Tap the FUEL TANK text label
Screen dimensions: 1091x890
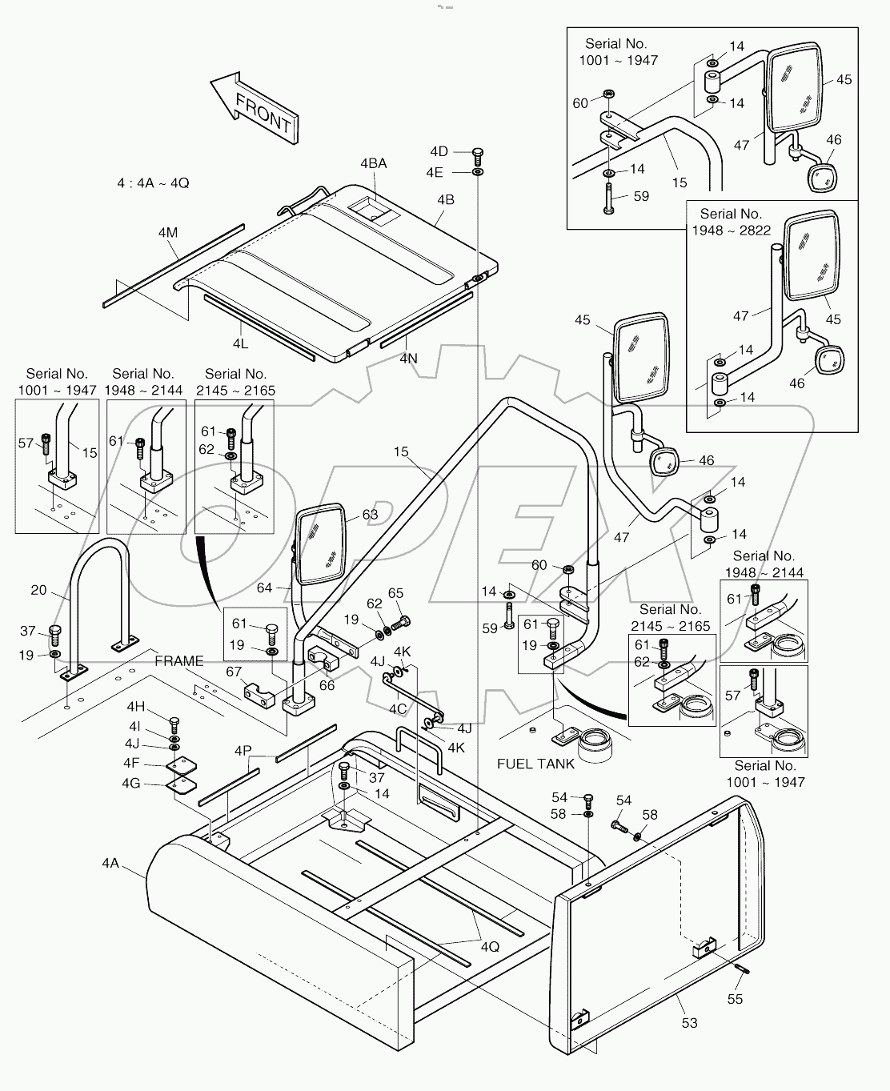pos(535,764)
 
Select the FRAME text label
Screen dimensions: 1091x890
pos(179,661)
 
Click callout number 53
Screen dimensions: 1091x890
pos(689,1022)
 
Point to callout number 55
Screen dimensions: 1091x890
pos(735,998)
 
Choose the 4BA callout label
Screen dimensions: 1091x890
pos(373,163)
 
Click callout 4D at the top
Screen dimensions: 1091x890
pos(439,151)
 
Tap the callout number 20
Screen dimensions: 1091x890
pos(38,590)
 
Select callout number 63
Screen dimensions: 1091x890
pos(370,515)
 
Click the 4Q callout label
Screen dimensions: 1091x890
pos(490,946)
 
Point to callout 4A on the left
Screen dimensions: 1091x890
pos(110,862)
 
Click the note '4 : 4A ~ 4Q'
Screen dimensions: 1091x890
pos(153,183)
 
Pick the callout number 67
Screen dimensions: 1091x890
pos(234,671)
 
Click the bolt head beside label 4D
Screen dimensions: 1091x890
pos(478,152)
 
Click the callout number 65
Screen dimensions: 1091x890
pos(395,593)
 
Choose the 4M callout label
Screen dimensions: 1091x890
pos(167,233)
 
